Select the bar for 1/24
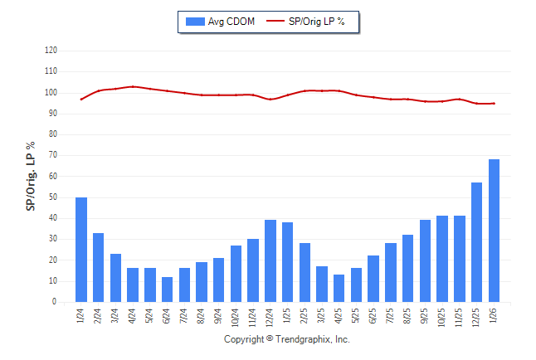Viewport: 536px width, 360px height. coord(81,250)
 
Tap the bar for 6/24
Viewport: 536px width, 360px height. coord(168,289)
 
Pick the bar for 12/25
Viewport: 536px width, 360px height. coord(476,242)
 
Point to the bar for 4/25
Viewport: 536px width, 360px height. coord(339,289)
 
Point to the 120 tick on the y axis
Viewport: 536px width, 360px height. coord(51,51)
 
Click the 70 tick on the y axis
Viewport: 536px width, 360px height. coord(52,155)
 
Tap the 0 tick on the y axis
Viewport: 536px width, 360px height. coord(55,302)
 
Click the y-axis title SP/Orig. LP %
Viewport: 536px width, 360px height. coord(31,176)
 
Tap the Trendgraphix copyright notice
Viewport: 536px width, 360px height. coord(287,340)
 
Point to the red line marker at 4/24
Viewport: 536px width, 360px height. coord(133,86)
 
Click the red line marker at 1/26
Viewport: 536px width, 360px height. coord(494,104)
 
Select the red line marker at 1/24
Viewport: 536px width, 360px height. coord(81,100)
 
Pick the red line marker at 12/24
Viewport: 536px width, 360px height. coord(270,100)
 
